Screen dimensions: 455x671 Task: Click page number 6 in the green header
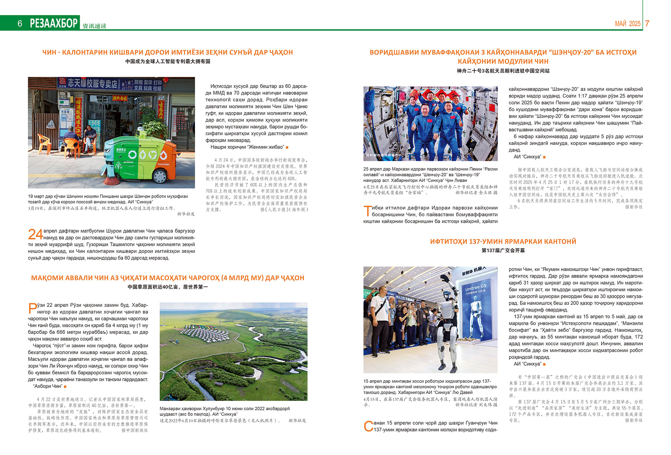(x=20, y=23)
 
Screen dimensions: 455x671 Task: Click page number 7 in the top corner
(x=647, y=23)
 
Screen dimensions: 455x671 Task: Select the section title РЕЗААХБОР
(x=54, y=23)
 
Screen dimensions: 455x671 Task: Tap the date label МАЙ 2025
(x=628, y=24)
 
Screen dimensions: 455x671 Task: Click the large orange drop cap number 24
(x=35, y=234)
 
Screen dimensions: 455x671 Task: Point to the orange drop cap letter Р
(x=32, y=308)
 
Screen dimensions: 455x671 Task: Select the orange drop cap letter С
(x=368, y=426)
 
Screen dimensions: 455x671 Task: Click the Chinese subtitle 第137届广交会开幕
(x=503, y=250)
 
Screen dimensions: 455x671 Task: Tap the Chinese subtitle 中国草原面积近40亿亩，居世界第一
(x=168, y=287)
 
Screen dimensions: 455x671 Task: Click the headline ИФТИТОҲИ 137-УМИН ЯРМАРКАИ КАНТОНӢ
(x=503, y=241)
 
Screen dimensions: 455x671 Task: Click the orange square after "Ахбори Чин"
(x=65, y=387)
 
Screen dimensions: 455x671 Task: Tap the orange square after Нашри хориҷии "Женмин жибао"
(x=287, y=147)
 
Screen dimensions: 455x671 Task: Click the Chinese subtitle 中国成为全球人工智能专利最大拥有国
(x=168, y=61)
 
